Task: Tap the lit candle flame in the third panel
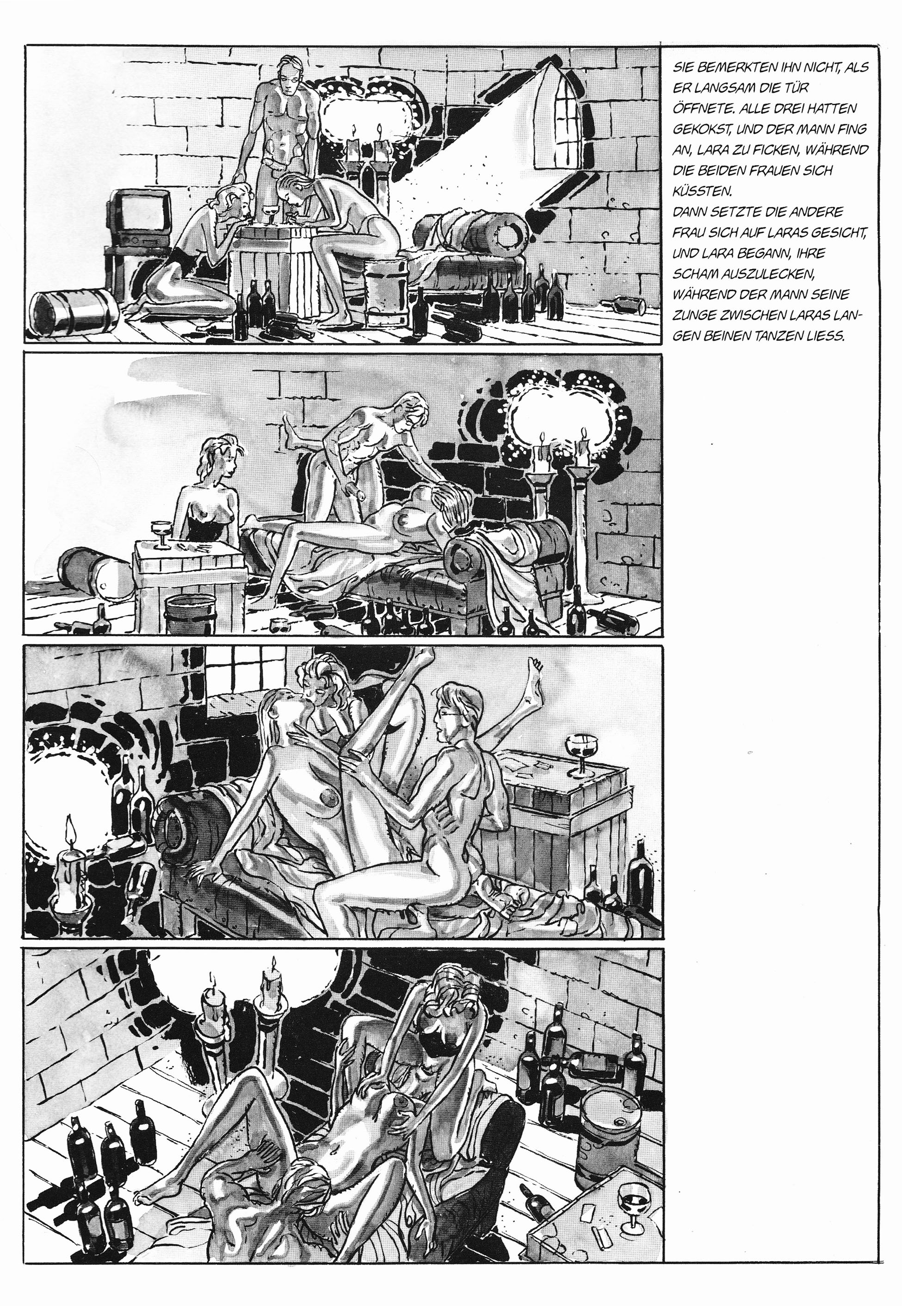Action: click(x=70, y=826)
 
